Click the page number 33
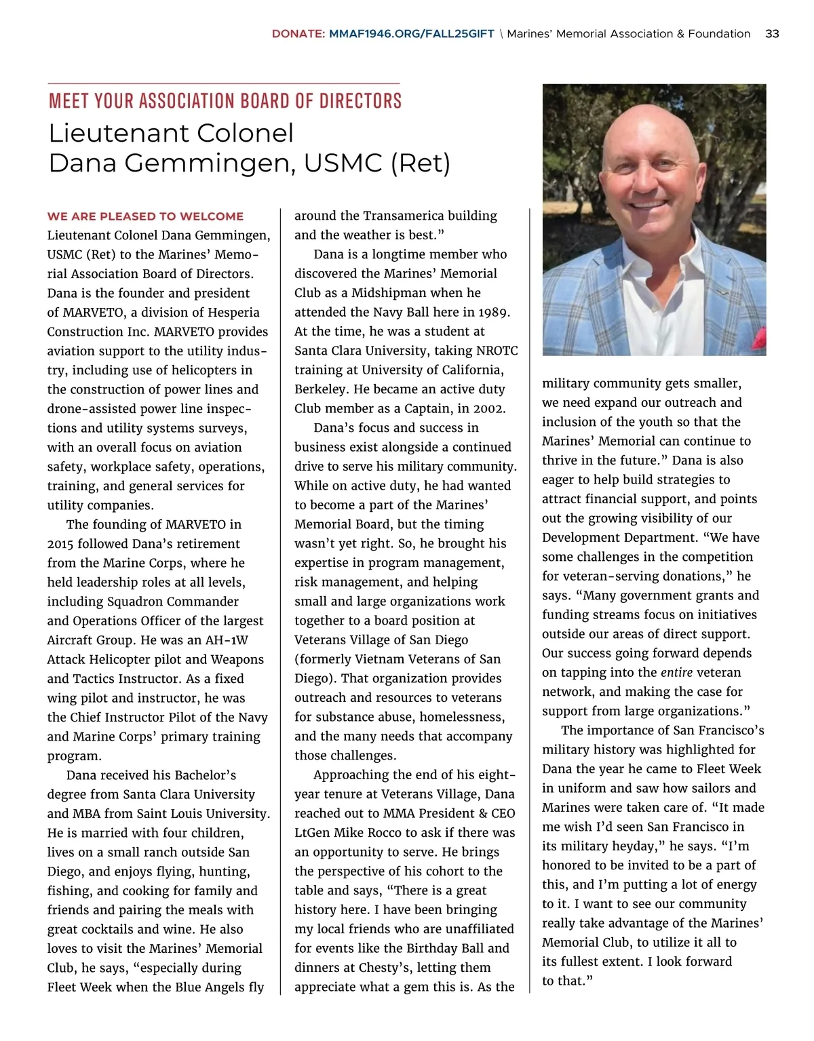pyautogui.click(x=771, y=34)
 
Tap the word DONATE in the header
pyautogui.click(x=298, y=34)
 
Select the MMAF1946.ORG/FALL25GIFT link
pyautogui.click(x=412, y=34)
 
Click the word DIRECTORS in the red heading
pyautogui.click(x=360, y=102)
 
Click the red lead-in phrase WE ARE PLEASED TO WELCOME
pyautogui.click(x=145, y=216)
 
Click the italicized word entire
pyautogui.click(x=676, y=673)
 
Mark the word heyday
pyautogui.click(x=637, y=846)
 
